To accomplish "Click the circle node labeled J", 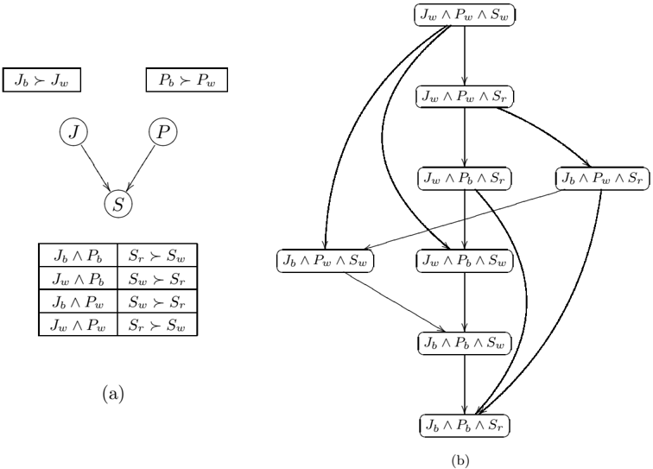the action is point(73,132).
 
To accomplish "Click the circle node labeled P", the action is point(163,132).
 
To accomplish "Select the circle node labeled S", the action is point(118,204).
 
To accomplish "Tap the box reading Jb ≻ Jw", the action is point(41,79).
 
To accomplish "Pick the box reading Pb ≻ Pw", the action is point(187,79).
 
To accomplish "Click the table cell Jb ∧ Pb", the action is point(79,256).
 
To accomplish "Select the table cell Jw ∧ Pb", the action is point(79,278).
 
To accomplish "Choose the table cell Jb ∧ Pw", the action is point(79,301).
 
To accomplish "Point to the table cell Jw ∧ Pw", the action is point(79,324).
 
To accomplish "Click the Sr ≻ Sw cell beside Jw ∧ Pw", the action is point(157,324).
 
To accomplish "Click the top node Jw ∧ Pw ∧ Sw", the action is point(465,15).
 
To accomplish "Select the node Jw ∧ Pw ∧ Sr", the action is point(465,97).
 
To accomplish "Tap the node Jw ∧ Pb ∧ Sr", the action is point(465,179).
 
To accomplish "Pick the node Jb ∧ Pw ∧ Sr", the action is point(603,179).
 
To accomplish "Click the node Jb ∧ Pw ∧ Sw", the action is point(326,261).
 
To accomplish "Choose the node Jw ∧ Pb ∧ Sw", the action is point(465,261).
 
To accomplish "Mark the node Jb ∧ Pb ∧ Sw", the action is point(465,343).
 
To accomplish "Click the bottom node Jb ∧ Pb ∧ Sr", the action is point(465,425).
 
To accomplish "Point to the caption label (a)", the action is point(113,393).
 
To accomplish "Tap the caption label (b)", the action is point(460,460).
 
